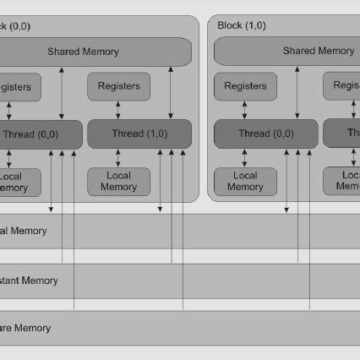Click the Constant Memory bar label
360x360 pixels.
(29, 280)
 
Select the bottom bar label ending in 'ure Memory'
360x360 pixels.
(25, 328)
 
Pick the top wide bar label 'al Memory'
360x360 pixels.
(23, 231)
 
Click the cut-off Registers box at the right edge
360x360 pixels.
(342, 85)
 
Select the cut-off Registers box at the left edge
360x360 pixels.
(15, 86)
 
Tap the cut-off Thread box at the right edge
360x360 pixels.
(342, 133)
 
